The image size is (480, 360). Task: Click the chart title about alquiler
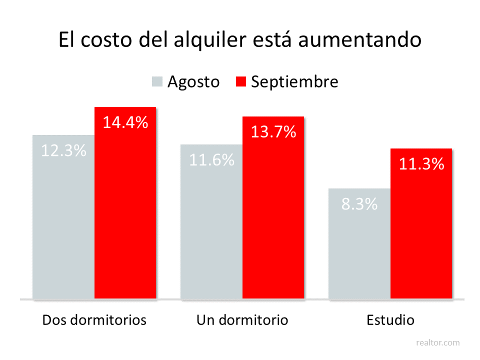[240, 40]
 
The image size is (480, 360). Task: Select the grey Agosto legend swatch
[157, 81]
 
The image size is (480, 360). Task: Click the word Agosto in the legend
[193, 81]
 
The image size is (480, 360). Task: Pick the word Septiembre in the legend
[294, 81]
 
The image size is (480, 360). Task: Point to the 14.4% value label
[125, 122]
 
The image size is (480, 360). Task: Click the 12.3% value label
[63, 150]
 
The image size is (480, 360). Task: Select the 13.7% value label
[273, 132]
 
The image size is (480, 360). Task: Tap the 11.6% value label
[211, 160]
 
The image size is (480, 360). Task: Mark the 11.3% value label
[421, 164]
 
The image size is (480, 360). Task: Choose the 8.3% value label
[359, 204]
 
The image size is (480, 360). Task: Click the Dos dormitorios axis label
[94, 320]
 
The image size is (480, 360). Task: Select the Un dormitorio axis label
[242, 320]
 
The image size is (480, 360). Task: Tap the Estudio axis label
[390, 320]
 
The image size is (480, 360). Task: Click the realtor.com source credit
[438, 342]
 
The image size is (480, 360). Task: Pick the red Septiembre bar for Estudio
[421, 235]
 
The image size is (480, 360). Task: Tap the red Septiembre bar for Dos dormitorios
[125, 215]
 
